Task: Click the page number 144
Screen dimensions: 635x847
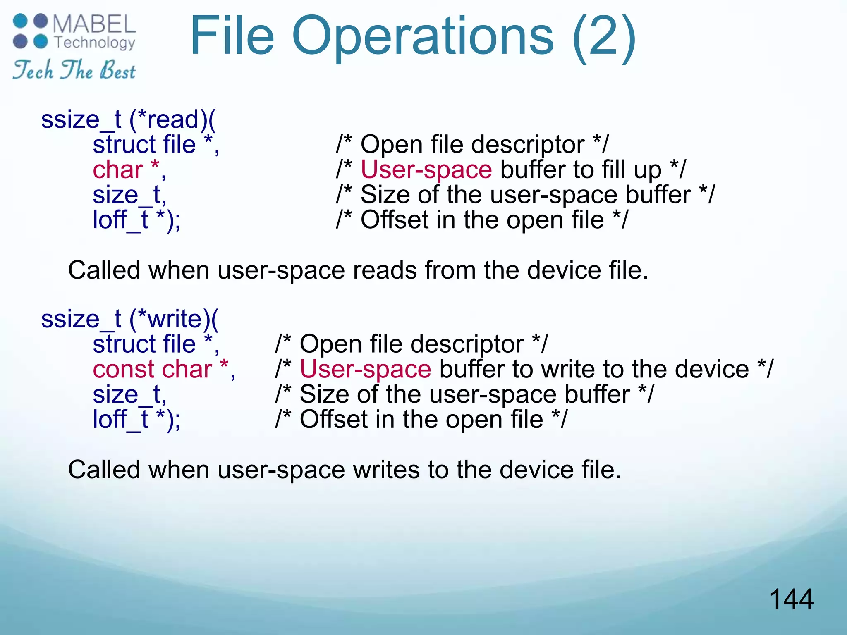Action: (x=791, y=599)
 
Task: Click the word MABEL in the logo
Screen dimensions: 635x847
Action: (x=94, y=24)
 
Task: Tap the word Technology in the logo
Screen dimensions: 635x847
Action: (x=95, y=43)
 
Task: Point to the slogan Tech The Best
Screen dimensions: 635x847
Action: (x=74, y=70)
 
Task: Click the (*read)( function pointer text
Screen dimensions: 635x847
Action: (x=172, y=119)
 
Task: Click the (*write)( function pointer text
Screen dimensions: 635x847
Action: (x=174, y=319)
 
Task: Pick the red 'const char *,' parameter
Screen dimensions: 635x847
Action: (x=164, y=369)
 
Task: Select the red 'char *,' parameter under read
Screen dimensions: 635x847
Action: (x=129, y=170)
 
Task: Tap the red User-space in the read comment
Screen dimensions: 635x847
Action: (x=426, y=170)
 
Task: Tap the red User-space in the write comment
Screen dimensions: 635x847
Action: (x=365, y=369)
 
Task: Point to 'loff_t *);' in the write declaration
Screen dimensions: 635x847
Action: (x=136, y=420)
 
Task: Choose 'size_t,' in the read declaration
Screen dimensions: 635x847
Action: (x=129, y=195)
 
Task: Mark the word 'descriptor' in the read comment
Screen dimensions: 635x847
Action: (x=528, y=145)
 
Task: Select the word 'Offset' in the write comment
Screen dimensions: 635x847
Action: (x=334, y=420)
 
